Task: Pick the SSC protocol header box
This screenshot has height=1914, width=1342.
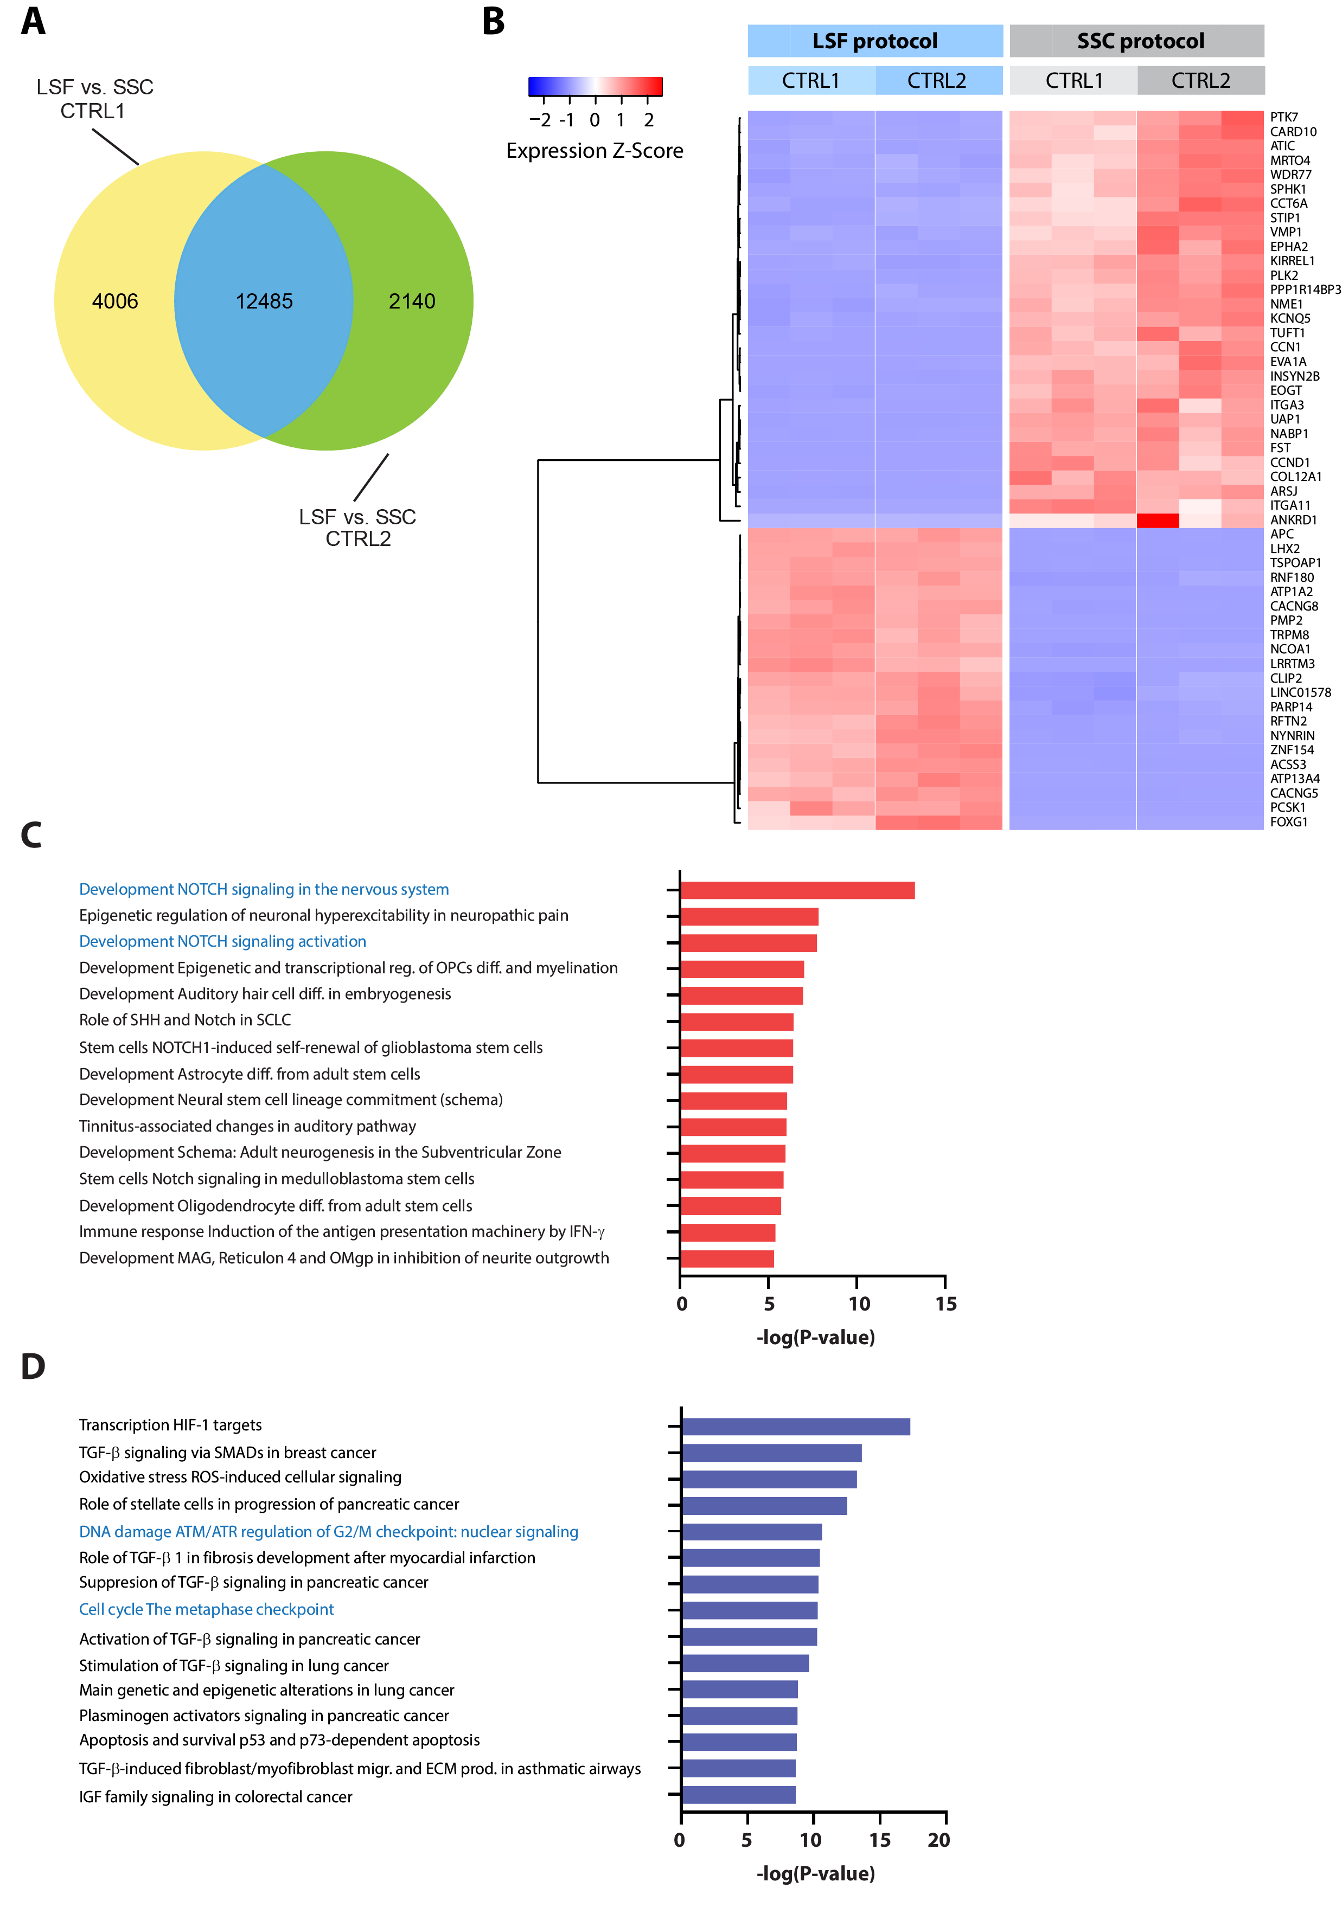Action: [x=1139, y=41]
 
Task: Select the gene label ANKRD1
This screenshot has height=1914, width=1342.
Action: [x=1293, y=520]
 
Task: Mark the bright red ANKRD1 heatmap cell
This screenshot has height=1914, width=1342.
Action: [x=1157, y=520]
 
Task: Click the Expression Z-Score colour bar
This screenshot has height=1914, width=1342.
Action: [x=595, y=86]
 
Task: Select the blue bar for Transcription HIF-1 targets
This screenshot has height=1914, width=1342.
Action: [x=795, y=1427]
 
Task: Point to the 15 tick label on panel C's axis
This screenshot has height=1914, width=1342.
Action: [x=945, y=1304]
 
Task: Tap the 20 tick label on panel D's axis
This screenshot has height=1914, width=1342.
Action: [x=938, y=1840]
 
